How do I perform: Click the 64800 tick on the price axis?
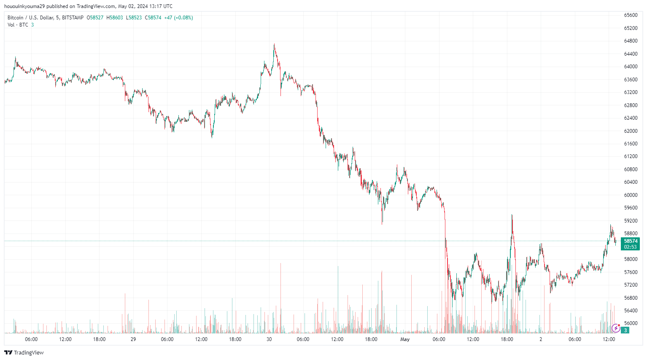[x=631, y=41]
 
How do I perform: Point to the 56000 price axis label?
[x=631, y=323]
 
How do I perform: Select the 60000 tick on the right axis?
[x=631, y=195]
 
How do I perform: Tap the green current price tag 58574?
[x=631, y=241]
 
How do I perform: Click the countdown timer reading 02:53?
[x=631, y=247]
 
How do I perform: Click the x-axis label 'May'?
[x=405, y=339]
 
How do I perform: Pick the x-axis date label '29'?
[x=133, y=339]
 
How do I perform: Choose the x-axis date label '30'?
[x=269, y=339]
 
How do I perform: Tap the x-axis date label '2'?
[x=541, y=339]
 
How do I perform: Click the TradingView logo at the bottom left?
[x=24, y=352]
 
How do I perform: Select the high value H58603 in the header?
[x=115, y=18]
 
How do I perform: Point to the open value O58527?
[x=95, y=18]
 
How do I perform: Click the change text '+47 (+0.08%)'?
[x=178, y=18]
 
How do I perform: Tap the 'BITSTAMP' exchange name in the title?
[x=73, y=18]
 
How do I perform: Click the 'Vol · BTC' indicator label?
[x=18, y=25]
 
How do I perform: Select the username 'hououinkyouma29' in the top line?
[x=24, y=6]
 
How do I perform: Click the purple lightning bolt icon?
[x=616, y=328]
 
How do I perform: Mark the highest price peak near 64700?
[x=274, y=44]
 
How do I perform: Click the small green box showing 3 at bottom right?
[x=625, y=330]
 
